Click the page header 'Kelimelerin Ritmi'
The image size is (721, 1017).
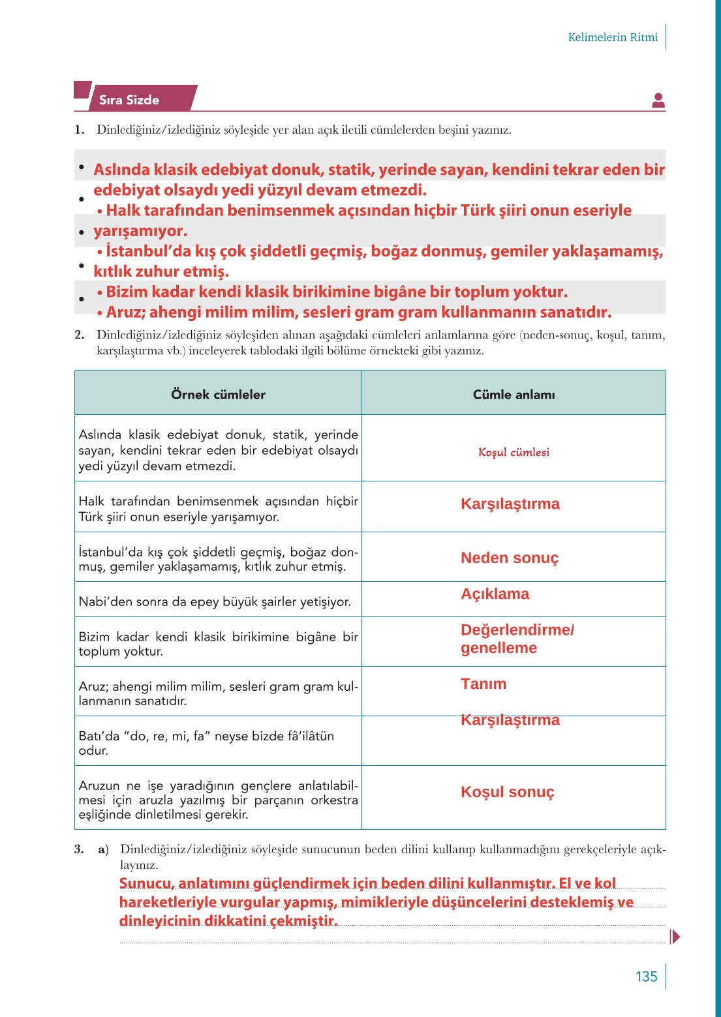click(x=612, y=37)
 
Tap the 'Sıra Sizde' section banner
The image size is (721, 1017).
click(x=129, y=100)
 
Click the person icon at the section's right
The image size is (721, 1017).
click(x=658, y=100)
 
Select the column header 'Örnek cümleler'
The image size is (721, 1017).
click(x=218, y=394)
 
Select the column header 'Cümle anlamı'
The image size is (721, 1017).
click(x=514, y=394)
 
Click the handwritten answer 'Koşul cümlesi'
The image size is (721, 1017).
click(x=514, y=452)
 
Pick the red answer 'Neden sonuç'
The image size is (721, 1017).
click(x=510, y=558)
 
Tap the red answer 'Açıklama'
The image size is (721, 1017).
click(x=495, y=594)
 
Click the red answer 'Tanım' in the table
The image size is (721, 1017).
click(x=483, y=684)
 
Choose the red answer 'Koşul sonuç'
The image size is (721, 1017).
click(x=507, y=792)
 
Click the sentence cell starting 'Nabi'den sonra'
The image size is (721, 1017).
click(x=215, y=601)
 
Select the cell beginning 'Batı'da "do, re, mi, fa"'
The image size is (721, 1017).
click(x=206, y=743)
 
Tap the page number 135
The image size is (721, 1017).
click(x=646, y=977)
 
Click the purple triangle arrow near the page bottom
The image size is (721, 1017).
click(x=675, y=937)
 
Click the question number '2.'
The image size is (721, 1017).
click(x=80, y=335)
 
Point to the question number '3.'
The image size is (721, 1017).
click(x=80, y=849)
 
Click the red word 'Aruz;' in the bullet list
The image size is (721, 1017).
click(x=124, y=312)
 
